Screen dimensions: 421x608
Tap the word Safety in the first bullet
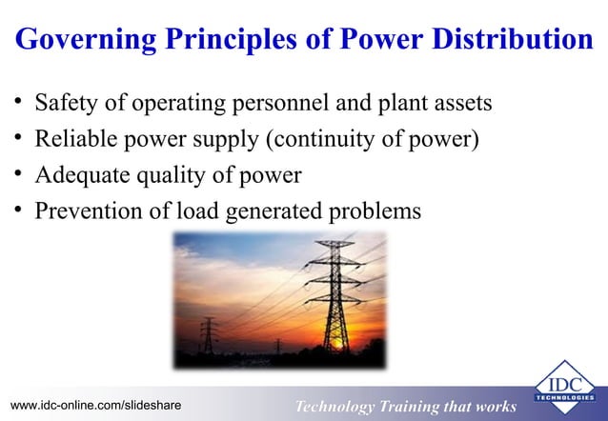(x=65, y=102)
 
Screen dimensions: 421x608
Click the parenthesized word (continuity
(x=314, y=139)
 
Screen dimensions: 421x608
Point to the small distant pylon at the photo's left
(x=209, y=338)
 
